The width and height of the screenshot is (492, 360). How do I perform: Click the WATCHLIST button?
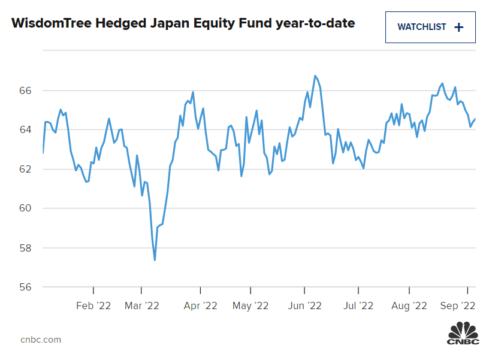[430, 27]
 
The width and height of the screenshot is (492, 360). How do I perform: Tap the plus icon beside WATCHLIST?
[459, 27]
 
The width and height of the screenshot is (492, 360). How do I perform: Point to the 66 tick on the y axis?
[25, 90]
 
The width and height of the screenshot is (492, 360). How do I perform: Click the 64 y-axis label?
[25, 129]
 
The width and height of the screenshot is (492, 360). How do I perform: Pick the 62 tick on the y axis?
[25, 169]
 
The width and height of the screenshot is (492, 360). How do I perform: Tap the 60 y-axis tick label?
[25, 208]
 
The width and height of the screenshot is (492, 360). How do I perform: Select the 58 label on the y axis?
[25, 247]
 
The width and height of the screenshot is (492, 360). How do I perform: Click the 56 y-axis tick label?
[25, 287]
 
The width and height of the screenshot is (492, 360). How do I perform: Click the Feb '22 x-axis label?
[93, 305]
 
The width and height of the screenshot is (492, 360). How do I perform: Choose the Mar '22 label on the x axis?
[141, 305]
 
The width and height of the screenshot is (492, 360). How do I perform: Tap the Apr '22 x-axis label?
[200, 305]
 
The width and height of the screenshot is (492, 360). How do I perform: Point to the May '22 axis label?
[250, 305]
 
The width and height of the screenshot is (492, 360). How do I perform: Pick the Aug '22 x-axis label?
[409, 305]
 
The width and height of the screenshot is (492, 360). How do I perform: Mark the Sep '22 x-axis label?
[458, 305]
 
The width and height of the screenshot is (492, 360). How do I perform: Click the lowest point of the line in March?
[155, 260]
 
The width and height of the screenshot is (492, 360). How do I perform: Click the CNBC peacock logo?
[463, 332]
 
